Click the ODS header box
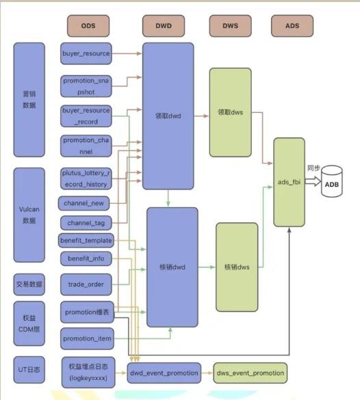(88, 26)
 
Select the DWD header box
(164, 26)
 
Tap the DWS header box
(230, 26)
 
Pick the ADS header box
(292, 26)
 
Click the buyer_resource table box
(86, 53)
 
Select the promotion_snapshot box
(86, 86)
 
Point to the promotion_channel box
(86, 146)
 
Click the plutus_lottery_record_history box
(86, 178)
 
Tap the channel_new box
(83, 203)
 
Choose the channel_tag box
(86, 223)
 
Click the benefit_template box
(86, 241)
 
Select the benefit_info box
(86, 258)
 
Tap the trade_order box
(86, 284)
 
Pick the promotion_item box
(87, 338)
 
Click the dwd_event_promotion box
(164, 373)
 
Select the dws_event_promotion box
(250, 373)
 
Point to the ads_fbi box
(289, 182)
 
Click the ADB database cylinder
(332, 181)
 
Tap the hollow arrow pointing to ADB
(313, 181)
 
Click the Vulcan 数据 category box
(29, 215)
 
